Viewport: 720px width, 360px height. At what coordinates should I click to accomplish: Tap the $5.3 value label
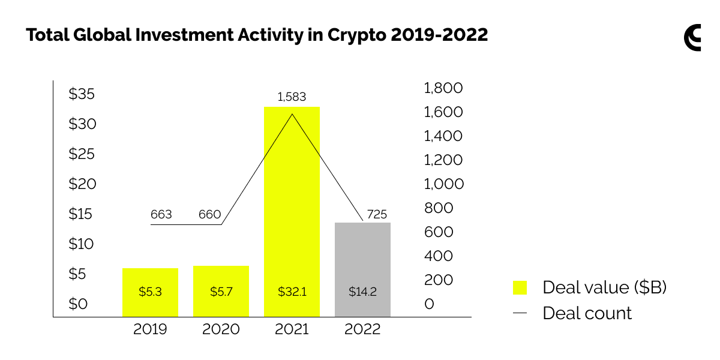click(x=150, y=292)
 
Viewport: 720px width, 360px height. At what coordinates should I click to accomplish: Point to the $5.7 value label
click(x=221, y=292)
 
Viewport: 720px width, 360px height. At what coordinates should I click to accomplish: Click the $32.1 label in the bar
click(x=292, y=292)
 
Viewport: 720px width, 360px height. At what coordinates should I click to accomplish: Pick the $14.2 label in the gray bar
click(x=362, y=292)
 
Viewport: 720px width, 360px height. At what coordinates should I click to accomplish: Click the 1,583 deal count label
click(x=292, y=97)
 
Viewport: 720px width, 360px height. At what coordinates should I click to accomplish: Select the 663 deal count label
click(x=161, y=214)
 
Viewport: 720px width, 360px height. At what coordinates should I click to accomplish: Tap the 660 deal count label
click(x=210, y=214)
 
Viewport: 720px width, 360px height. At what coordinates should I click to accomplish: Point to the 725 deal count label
click(x=377, y=214)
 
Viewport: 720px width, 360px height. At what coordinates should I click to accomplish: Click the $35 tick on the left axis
click(x=82, y=94)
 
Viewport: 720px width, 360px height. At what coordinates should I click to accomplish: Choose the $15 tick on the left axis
click(x=82, y=214)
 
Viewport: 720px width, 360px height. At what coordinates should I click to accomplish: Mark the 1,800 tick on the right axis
click(x=443, y=88)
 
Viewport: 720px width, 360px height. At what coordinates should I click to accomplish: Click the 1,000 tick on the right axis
click(x=443, y=184)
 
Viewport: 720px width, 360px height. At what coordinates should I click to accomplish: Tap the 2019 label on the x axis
click(x=150, y=329)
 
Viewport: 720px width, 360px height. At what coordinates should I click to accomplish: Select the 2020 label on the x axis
click(x=221, y=329)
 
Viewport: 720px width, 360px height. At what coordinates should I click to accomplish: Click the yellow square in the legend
click(x=520, y=287)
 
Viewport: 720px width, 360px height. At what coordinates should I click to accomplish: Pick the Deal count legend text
click(x=587, y=313)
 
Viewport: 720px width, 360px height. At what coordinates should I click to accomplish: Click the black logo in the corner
click(x=692, y=37)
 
